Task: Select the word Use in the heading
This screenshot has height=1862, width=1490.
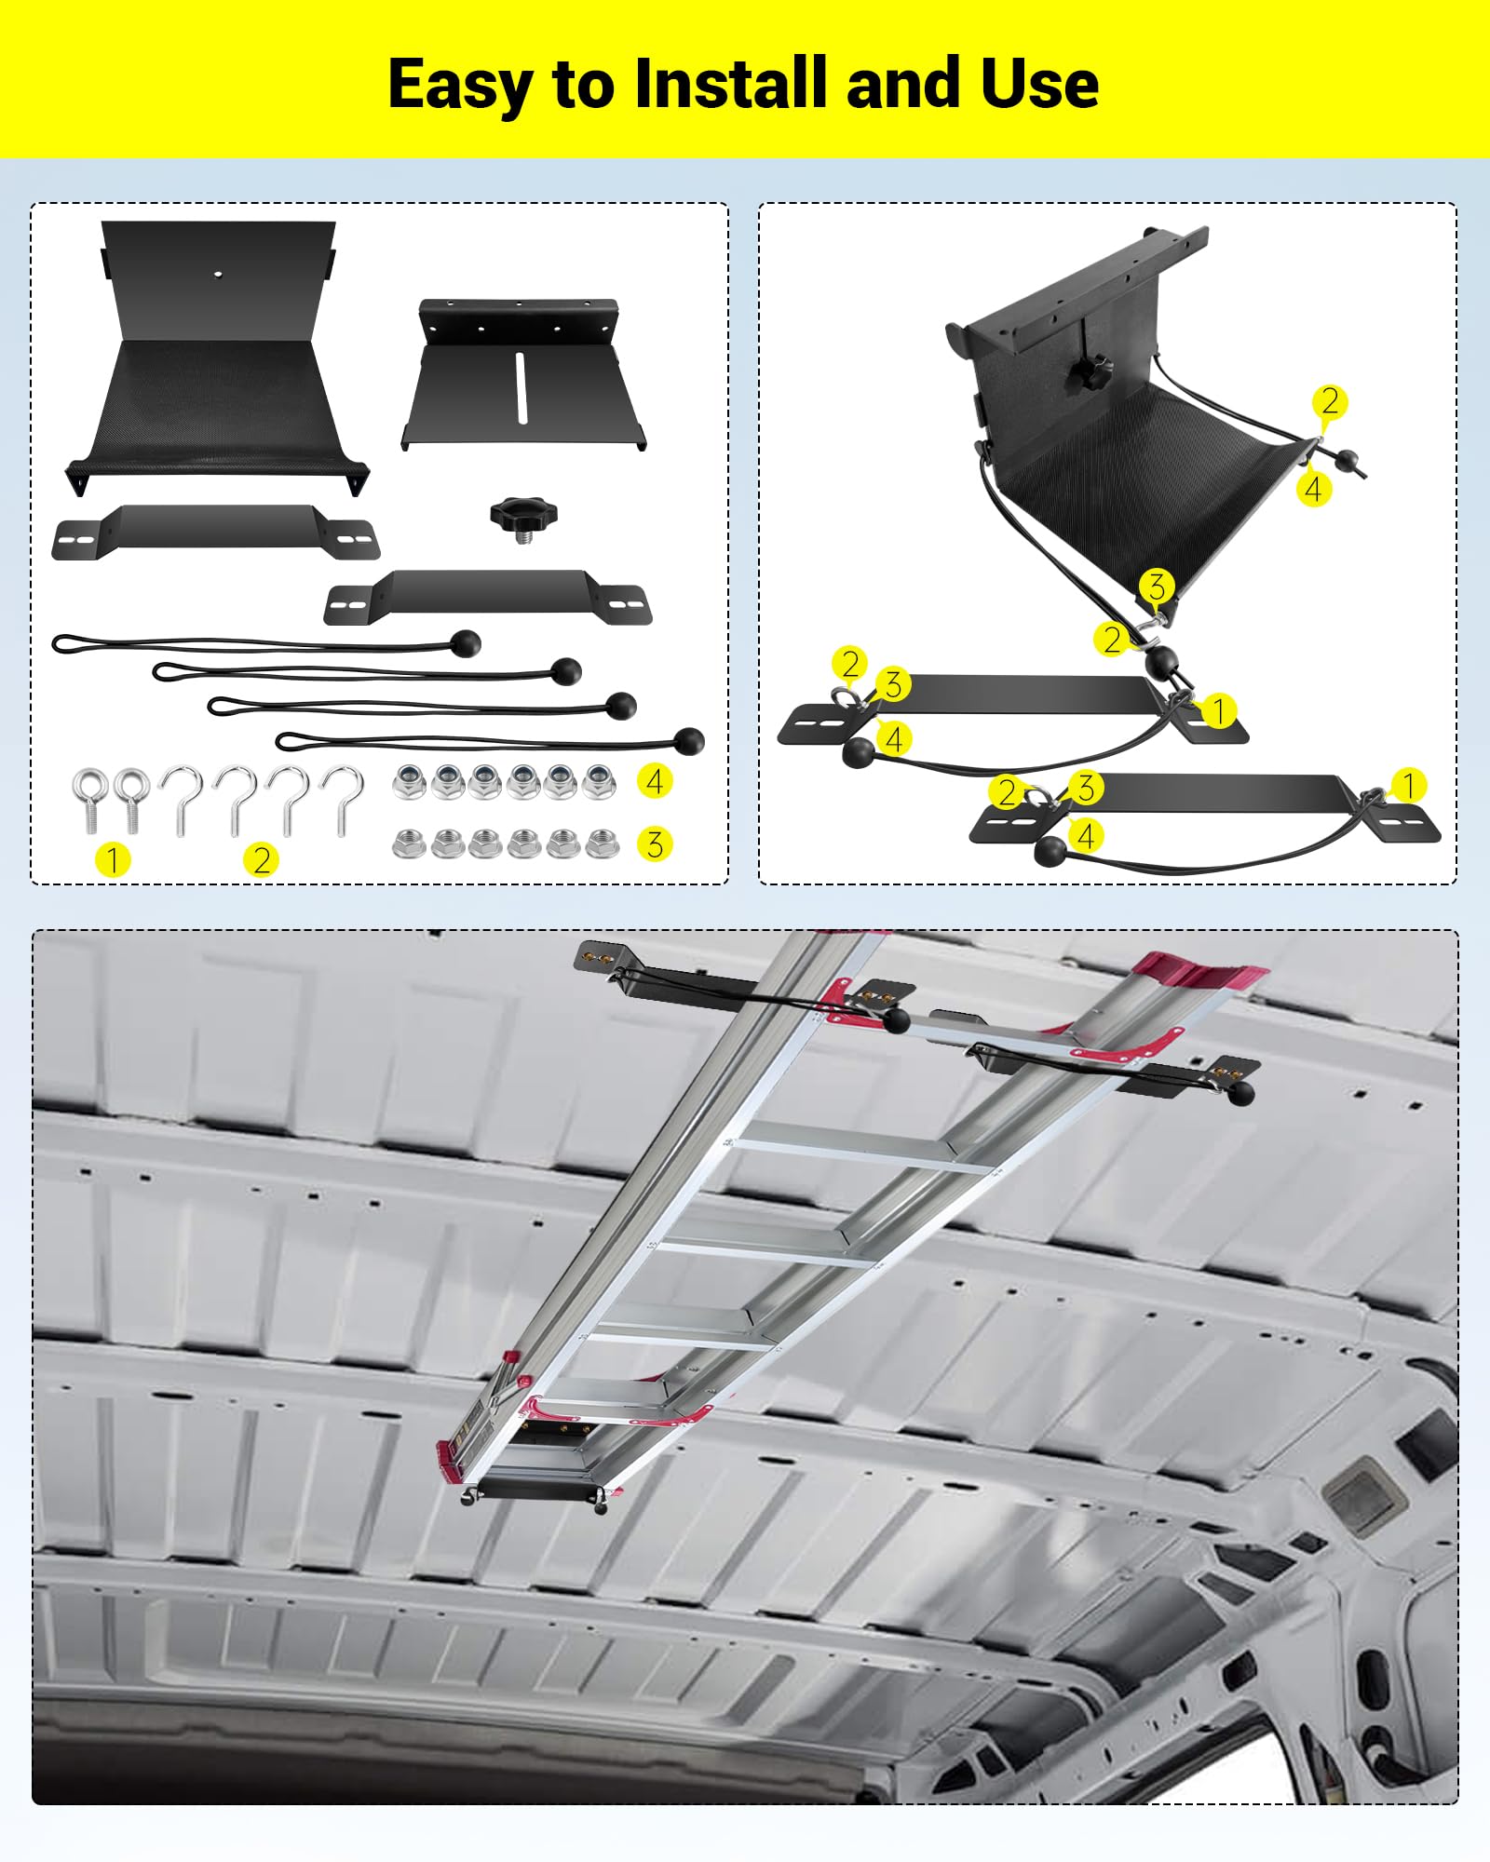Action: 1039,84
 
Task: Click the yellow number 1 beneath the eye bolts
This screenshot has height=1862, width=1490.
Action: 113,858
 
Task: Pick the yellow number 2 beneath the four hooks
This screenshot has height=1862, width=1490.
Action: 262,858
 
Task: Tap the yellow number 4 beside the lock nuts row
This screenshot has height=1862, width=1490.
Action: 655,780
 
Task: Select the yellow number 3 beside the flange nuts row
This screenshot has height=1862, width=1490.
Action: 655,843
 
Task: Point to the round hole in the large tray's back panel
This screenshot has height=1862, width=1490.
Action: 217,275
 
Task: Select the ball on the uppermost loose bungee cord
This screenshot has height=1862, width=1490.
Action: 466,642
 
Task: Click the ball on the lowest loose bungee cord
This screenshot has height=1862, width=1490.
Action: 688,741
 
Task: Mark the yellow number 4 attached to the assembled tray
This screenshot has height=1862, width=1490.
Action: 1313,488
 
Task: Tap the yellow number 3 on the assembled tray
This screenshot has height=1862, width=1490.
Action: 1157,587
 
